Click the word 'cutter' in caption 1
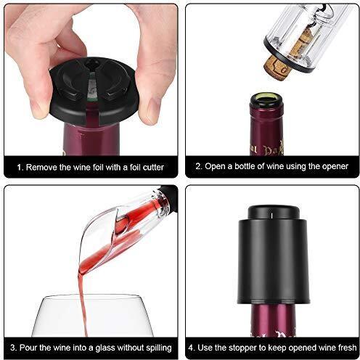pos(153,167)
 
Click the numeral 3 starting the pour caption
pos(12,348)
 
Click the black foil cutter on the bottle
pos(94,91)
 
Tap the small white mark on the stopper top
pos(271,215)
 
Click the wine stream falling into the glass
pos(83,303)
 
